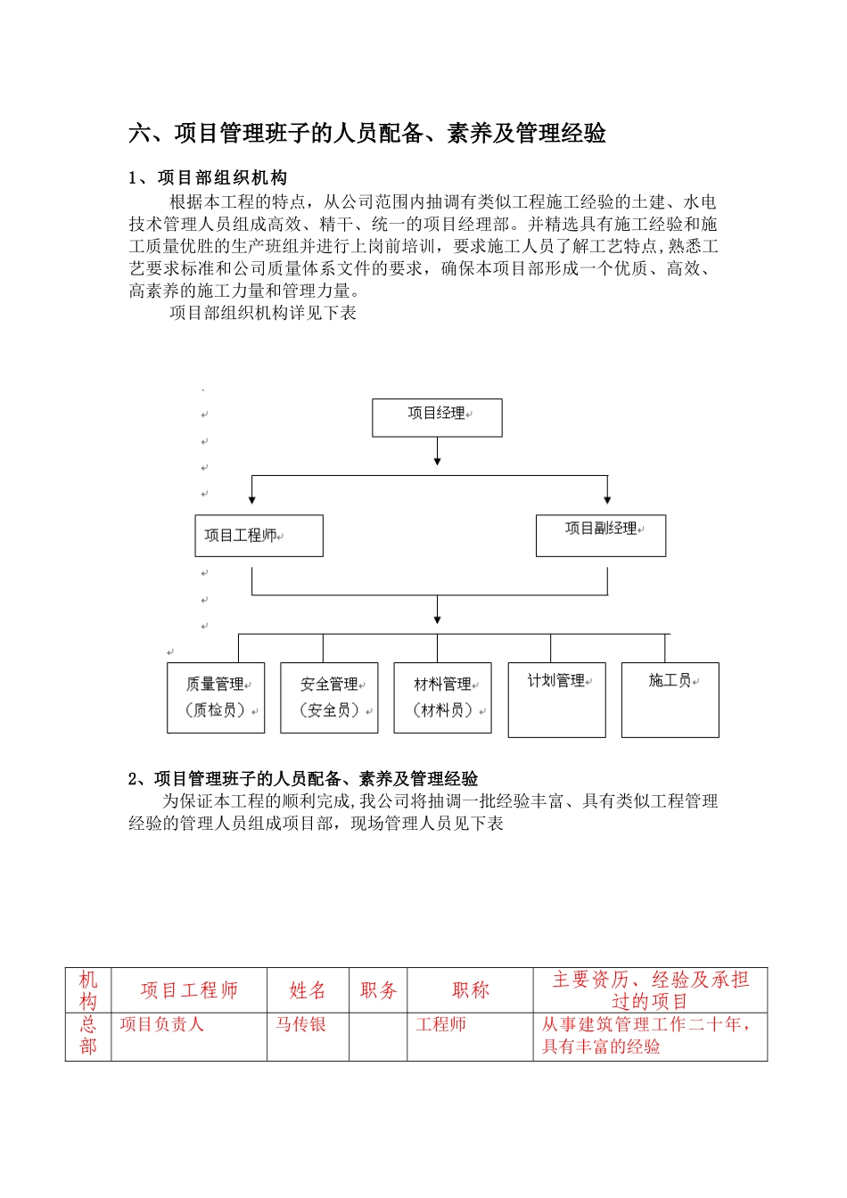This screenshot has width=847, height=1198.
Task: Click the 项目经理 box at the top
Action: click(437, 417)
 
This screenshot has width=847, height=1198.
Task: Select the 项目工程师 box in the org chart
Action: click(259, 536)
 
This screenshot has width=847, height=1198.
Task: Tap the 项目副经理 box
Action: click(601, 536)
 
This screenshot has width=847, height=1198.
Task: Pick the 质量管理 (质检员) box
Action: click(216, 698)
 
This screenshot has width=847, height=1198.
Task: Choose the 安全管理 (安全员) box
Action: click(329, 698)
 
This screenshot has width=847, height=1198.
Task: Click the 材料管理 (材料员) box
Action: click(442, 698)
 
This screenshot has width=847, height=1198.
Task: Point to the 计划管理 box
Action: click(556, 700)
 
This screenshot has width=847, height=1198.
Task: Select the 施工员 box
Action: click(670, 700)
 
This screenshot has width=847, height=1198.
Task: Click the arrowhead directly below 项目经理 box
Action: click(437, 461)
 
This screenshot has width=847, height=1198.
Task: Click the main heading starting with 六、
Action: click(367, 134)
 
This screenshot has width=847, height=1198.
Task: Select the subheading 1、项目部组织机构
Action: click(208, 178)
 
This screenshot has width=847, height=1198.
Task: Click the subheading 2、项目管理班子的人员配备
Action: click(303, 779)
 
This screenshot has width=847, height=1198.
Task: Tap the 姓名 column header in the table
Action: click(308, 990)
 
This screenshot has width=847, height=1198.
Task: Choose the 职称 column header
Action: click(470, 990)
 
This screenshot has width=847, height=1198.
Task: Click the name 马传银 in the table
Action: click(300, 1025)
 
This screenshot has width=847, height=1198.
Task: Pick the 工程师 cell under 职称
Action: click(441, 1025)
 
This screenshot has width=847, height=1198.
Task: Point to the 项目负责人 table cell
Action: click(161, 1025)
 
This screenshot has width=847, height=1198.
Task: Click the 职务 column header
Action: click(378, 990)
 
